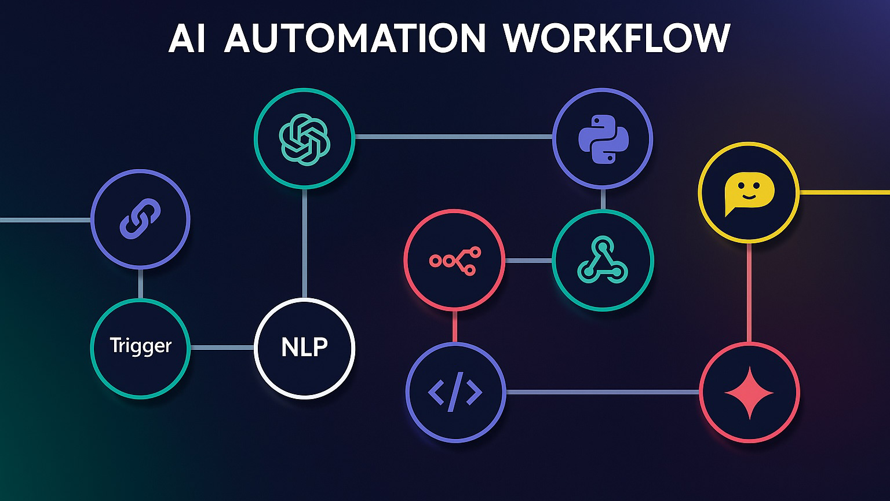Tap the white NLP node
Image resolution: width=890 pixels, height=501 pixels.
304,348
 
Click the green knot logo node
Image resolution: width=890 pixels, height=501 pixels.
304,137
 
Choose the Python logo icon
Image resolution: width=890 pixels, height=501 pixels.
603,138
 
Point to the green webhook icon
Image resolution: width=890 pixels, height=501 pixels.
603,260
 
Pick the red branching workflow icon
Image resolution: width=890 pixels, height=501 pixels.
454,260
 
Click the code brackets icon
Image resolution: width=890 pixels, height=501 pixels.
455,393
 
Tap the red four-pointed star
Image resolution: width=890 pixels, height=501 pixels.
749,393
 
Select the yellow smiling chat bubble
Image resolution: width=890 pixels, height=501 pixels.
749,192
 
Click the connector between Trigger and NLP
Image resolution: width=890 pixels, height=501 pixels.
222,348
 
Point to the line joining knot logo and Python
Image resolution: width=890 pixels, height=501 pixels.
453,137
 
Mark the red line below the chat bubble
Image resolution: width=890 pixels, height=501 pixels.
749,292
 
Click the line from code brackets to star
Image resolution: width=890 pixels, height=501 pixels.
603,393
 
